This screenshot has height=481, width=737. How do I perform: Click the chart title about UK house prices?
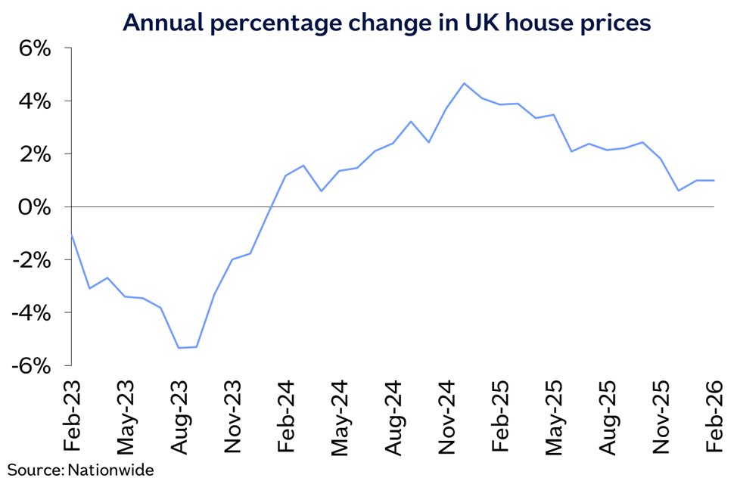tap(387, 23)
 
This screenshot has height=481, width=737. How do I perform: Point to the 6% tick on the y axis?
tap(35, 48)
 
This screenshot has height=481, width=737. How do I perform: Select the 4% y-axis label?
tap(35, 101)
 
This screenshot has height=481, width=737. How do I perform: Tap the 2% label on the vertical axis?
tap(35, 154)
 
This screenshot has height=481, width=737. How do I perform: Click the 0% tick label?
tap(35, 207)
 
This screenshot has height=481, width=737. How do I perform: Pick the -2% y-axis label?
tap(31, 260)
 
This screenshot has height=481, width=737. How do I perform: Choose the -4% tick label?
tap(31, 313)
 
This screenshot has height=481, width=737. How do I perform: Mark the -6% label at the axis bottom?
tap(31, 366)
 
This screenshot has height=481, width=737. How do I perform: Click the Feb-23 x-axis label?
tap(72, 416)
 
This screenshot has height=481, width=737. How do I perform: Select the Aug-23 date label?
tap(179, 417)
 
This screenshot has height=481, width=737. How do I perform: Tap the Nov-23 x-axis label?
tap(232, 417)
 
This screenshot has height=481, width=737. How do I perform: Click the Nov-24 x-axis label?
tap(447, 417)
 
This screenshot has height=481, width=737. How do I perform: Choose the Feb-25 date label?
tap(501, 416)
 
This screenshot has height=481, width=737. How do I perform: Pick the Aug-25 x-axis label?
tap(608, 417)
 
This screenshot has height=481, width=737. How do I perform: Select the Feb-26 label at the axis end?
tap(714, 416)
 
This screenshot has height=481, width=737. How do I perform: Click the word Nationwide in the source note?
tap(111, 470)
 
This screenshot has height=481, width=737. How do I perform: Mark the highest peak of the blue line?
tap(464, 83)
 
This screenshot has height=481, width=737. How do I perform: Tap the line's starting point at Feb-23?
tap(71, 234)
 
